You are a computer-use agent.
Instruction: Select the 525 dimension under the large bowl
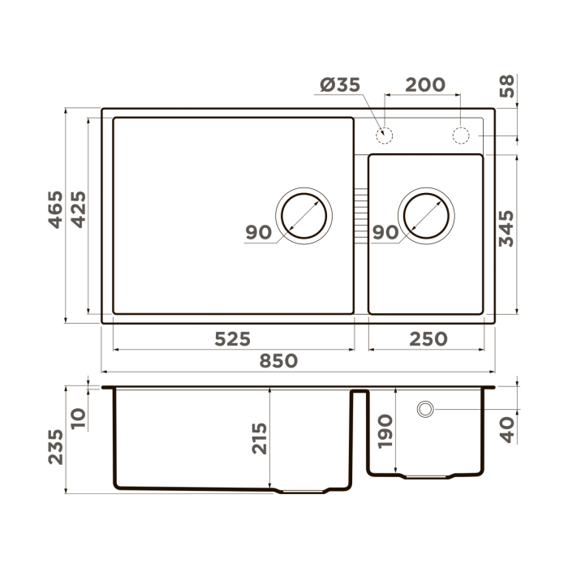[x=232, y=338]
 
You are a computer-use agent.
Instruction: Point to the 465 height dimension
[x=54, y=209]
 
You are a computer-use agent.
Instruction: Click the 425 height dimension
[x=77, y=209]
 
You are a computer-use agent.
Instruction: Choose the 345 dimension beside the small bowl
[x=506, y=230]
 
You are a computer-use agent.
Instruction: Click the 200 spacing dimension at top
[x=424, y=84]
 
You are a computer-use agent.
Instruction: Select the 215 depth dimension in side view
[x=260, y=438]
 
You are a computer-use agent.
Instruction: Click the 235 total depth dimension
[x=54, y=446]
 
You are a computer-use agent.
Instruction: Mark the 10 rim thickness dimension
[x=78, y=418]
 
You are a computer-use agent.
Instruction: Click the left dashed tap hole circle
[x=385, y=135]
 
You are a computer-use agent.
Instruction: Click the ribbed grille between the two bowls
[x=361, y=215]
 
